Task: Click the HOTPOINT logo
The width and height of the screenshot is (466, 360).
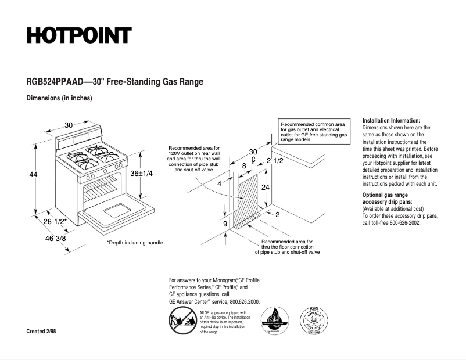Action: (79, 35)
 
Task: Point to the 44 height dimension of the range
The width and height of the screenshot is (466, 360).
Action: (33, 174)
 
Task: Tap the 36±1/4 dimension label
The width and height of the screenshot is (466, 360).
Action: (142, 174)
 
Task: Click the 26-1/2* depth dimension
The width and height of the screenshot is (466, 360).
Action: (55, 221)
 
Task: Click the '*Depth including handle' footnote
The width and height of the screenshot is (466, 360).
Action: (135, 242)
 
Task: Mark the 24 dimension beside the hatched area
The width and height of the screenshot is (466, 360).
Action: (265, 188)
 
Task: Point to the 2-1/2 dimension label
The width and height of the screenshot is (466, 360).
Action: (275, 160)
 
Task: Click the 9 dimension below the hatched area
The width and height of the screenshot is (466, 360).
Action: (225, 224)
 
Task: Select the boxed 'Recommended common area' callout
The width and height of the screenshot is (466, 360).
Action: (314, 132)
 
